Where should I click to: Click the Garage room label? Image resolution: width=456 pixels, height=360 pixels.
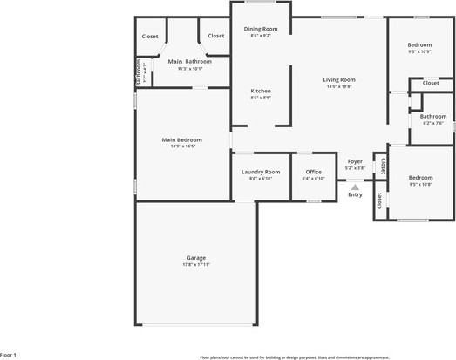click(x=196, y=257)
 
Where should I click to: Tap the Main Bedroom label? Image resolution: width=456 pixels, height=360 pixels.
click(x=181, y=139)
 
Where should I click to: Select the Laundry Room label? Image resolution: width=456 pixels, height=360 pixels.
click(x=261, y=172)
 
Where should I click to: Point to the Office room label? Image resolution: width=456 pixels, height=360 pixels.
click(x=313, y=172)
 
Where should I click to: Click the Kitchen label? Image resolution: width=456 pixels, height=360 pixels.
click(x=261, y=91)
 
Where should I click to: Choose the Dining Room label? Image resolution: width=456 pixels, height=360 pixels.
click(x=261, y=29)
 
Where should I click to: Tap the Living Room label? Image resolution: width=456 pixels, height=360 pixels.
click(x=339, y=79)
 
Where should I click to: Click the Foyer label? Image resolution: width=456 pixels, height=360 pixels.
click(x=355, y=161)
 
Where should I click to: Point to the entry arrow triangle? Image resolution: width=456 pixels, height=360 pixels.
click(x=355, y=186)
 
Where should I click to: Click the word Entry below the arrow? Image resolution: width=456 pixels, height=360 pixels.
click(x=355, y=194)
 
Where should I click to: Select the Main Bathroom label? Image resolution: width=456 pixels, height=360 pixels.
click(x=189, y=61)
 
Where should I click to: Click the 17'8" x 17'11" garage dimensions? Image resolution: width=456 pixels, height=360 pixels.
click(x=196, y=264)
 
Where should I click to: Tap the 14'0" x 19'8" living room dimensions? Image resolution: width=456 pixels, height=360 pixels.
click(x=339, y=86)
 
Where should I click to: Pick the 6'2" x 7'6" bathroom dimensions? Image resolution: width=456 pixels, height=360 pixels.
click(x=433, y=123)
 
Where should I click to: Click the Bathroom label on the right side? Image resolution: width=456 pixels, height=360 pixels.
click(x=433, y=116)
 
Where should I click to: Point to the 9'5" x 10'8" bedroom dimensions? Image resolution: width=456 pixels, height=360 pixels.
click(x=421, y=184)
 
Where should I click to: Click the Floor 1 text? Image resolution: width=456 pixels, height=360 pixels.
click(x=9, y=355)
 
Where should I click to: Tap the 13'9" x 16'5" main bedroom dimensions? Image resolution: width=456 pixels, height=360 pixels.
click(x=181, y=146)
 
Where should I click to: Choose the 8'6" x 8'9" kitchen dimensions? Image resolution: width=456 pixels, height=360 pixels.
click(x=261, y=98)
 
